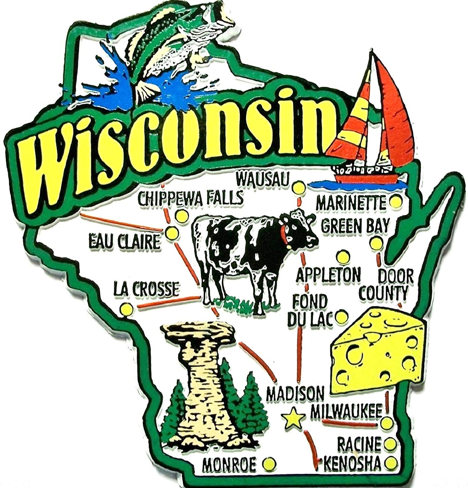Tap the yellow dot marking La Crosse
point(126,309)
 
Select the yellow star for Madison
point(292,418)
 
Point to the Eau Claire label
point(123,242)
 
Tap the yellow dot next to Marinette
point(396,203)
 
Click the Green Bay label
point(355,225)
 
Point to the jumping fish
point(164,41)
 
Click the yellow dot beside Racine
point(390,445)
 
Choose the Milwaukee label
point(346,411)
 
